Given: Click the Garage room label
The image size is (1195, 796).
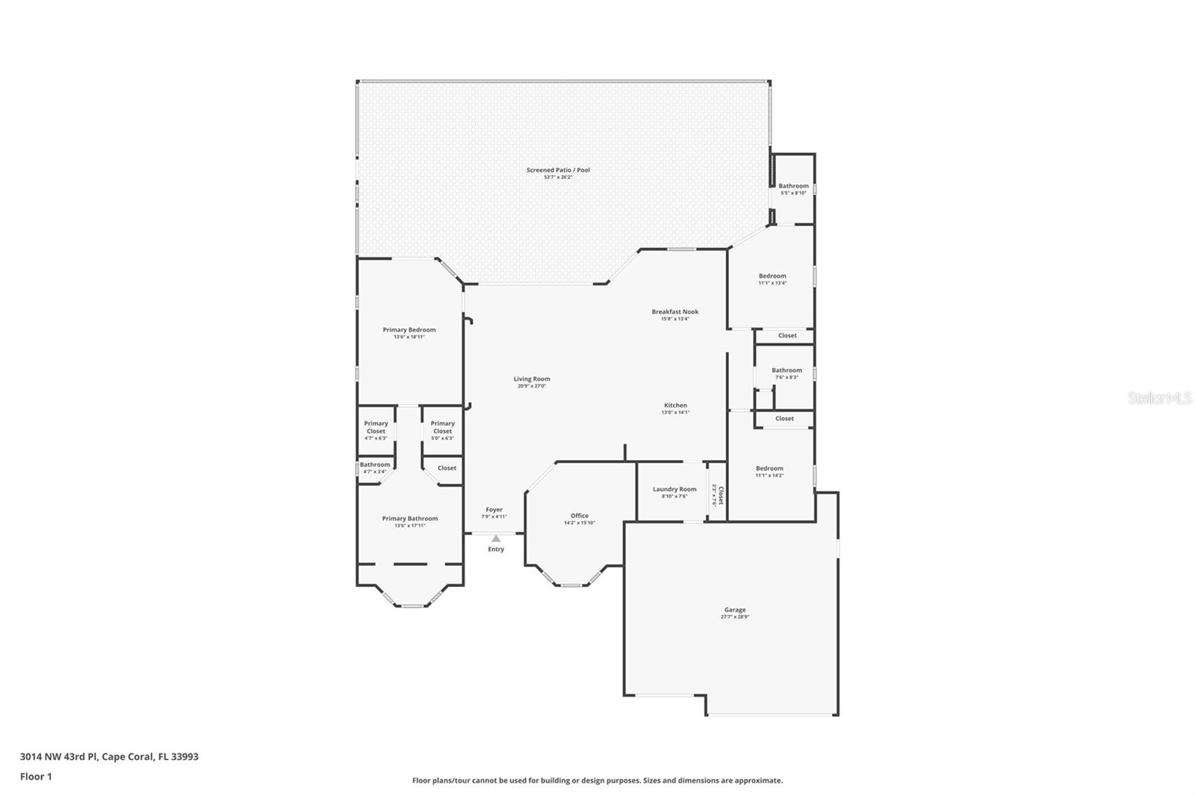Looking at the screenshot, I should pyautogui.click(x=734, y=610).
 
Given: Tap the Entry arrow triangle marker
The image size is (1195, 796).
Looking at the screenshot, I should pyautogui.click(x=496, y=538).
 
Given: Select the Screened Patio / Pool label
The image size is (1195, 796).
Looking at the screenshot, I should pyautogui.click(x=558, y=170).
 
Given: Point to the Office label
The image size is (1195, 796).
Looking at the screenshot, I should pyautogui.click(x=580, y=516).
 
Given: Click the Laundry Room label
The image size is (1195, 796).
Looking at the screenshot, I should pyautogui.click(x=674, y=490).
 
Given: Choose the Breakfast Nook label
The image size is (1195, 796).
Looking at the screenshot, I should pyautogui.click(x=674, y=312).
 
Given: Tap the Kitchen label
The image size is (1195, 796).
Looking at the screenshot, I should pyautogui.click(x=675, y=405).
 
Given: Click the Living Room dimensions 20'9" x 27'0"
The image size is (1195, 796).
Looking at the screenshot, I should pyautogui.click(x=532, y=386).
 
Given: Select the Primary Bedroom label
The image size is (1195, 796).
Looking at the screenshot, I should pyautogui.click(x=409, y=330).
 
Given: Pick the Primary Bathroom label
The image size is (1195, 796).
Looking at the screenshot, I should pyautogui.click(x=409, y=519).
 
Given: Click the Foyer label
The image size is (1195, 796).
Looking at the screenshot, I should pyautogui.click(x=494, y=510).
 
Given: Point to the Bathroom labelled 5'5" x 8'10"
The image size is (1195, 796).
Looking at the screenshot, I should pyautogui.click(x=793, y=186).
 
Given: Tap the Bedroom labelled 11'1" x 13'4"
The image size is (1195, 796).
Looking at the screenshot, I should pyautogui.click(x=772, y=276).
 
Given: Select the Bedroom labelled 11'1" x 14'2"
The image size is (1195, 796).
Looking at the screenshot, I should pyautogui.click(x=769, y=469).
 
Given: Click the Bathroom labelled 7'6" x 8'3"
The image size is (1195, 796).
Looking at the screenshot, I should pyautogui.click(x=786, y=370).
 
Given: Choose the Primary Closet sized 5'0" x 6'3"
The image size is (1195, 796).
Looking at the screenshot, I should pyautogui.click(x=442, y=427).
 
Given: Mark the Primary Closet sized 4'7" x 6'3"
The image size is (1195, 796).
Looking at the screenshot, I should pyautogui.click(x=376, y=427).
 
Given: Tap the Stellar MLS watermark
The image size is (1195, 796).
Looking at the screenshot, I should pyautogui.click(x=1159, y=399).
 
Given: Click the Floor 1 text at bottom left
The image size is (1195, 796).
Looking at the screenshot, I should pyautogui.click(x=36, y=777).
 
